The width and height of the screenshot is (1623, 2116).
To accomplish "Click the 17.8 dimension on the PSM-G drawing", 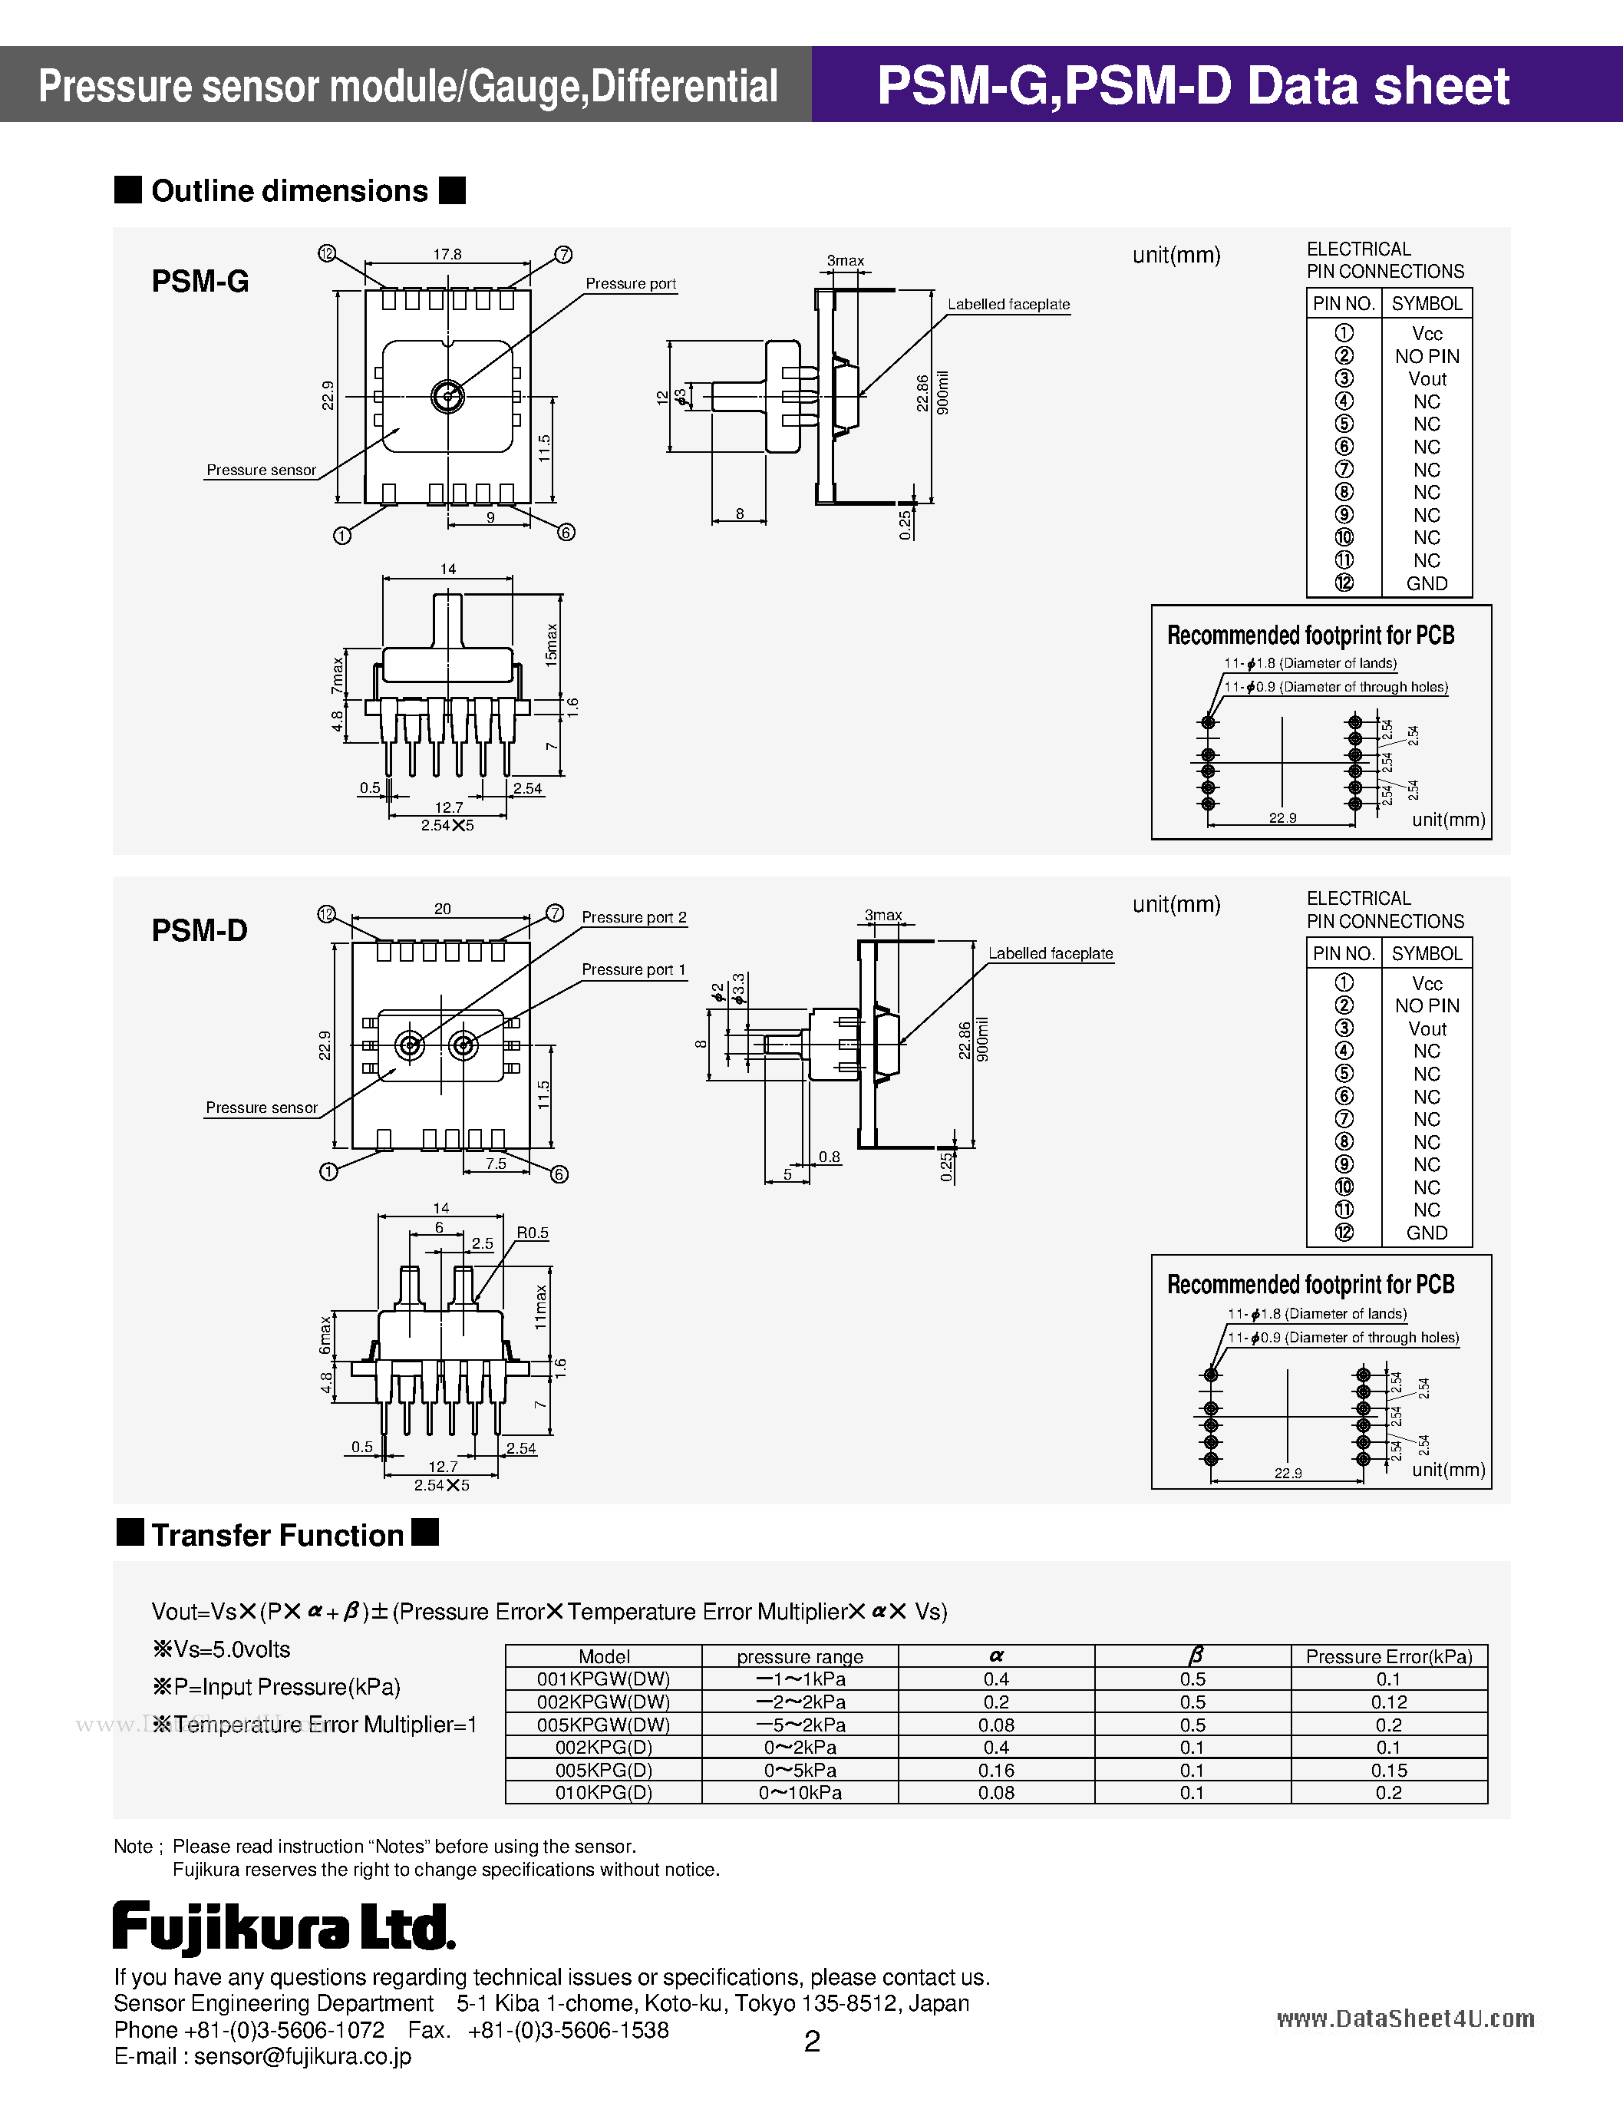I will [447, 254].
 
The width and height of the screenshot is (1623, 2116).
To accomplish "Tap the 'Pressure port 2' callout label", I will [634, 917].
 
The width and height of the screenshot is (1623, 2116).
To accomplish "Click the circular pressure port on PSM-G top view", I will [447, 395].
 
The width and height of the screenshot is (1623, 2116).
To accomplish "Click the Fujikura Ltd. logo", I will [283, 1928].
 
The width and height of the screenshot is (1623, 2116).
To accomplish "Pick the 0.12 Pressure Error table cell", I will [1388, 1702].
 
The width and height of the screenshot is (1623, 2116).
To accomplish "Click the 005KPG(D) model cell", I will [604, 1770].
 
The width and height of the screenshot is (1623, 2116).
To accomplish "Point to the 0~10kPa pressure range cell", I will [800, 1792].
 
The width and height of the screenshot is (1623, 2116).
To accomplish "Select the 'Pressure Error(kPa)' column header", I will [1388, 1656].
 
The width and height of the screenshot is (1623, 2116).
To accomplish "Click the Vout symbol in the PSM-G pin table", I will [1426, 378].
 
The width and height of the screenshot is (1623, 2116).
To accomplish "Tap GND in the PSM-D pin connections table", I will [1426, 1233].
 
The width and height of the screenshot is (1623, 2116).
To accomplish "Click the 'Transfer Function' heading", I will [277, 1534].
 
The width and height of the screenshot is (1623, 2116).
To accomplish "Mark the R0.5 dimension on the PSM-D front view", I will [533, 1233].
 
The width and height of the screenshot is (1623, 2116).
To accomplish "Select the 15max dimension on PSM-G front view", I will [552, 645].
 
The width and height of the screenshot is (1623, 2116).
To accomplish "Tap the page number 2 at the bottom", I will [812, 2041].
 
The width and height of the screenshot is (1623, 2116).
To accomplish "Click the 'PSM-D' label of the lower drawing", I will [199, 930].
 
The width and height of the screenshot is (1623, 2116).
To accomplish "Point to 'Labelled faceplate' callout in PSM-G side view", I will [1008, 305].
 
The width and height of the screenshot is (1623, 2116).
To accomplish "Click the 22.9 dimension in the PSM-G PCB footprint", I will [1282, 817].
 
